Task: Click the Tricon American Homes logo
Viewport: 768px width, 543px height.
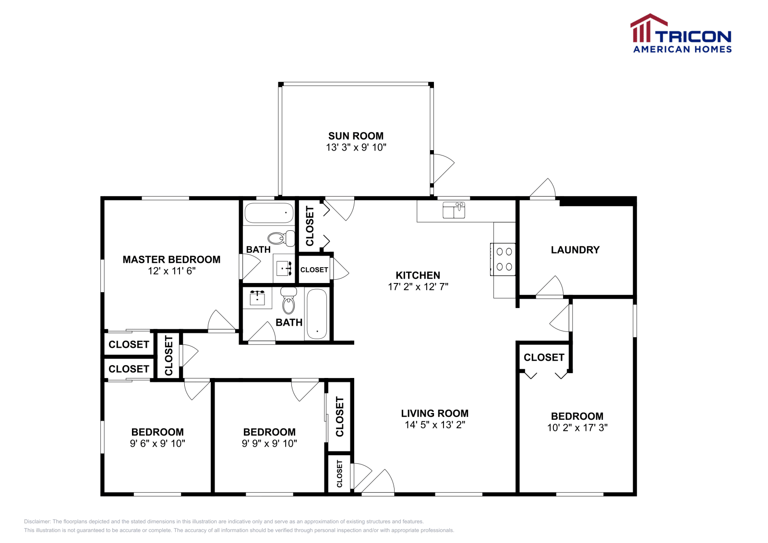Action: (x=681, y=34)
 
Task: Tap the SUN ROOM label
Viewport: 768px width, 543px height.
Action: (x=356, y=136)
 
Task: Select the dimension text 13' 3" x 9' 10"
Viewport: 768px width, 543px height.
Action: (x=356, y=148)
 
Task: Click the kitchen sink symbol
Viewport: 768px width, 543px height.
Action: (x=454, y=210)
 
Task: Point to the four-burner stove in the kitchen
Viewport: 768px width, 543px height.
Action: (x=504, y=259)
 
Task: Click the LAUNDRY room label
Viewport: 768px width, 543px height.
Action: (x=575, y=250)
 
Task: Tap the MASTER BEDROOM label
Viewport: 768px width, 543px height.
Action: (x=171, y=260)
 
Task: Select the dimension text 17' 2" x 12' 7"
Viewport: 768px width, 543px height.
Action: (x=418, y=287)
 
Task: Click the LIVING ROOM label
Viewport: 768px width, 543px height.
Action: (x=434, y=413)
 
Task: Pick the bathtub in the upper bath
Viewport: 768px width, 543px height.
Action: (x=268, y=212)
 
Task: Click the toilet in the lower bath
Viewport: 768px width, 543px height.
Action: (x=288, y=301)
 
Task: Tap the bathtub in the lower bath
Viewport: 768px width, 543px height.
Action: (x=317, y=313)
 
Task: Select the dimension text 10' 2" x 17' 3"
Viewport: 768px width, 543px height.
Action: (x=577, y=428)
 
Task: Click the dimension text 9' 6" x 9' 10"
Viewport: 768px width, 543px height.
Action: (x=157, y=444)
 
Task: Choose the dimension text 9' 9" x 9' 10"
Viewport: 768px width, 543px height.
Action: (x=269, y=444)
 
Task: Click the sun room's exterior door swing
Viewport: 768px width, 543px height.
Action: (x=443, y=168)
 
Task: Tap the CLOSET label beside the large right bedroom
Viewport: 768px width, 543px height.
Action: (x=544, y=358)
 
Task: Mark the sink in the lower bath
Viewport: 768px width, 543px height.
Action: (x=257, y=298)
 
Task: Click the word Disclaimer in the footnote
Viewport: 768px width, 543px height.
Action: (x=37, y=521)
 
